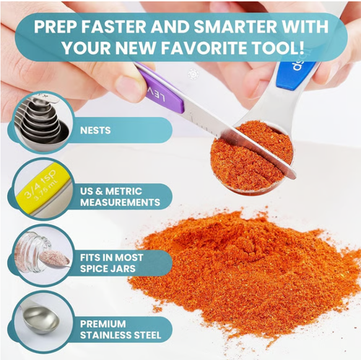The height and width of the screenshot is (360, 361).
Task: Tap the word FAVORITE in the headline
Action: pyautogui.click(x=204, y=47)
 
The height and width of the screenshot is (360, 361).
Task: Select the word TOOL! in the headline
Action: pyautogui.click(x=277, y=47)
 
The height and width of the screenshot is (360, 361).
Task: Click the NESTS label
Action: pyautogui.click(x=95, y=131)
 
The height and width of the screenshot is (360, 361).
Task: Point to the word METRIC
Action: pyautogui.click(x=123, y=191)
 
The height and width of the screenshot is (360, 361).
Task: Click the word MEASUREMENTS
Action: pyautogui.click(x=120, y=202)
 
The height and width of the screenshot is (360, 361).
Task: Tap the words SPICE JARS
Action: pyautogui.click(x=108, y=268)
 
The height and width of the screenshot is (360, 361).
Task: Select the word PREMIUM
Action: pyautogui.click(x=103, y=324)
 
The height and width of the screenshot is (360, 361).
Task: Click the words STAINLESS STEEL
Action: pyautogui.click(x=121, y=335)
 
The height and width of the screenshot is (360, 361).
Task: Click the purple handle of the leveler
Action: pyautogui.click(x=161, y=90)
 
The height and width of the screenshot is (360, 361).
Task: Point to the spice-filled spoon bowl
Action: pyautogui.click(x=251, y=157)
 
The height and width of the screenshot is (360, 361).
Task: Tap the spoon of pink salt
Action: pyautogui.click(x=54, y=259)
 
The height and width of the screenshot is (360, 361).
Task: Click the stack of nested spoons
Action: pyautogui.click(x=42, y=120)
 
